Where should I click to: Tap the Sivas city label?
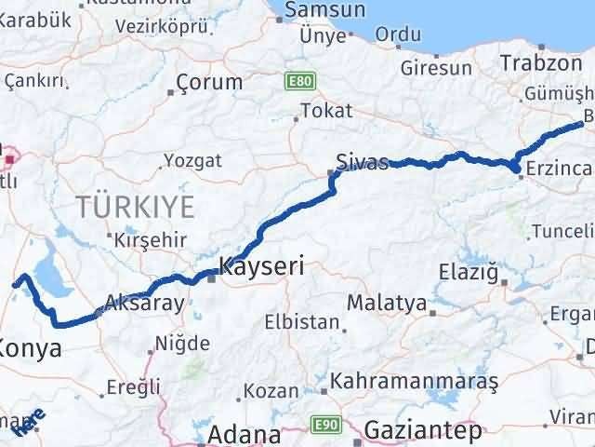362,161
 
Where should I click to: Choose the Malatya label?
385,304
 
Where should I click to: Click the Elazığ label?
469,273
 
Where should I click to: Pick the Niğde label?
183,344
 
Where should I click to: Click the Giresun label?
436,68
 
